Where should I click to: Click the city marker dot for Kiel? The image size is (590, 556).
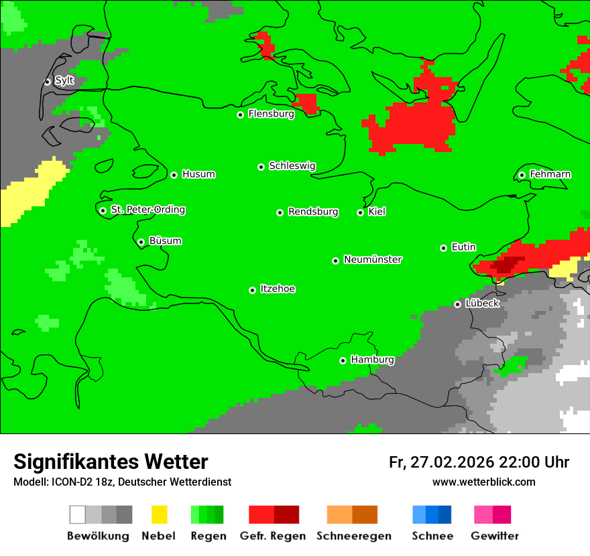(360, 212)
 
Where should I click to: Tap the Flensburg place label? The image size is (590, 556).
(271, 114)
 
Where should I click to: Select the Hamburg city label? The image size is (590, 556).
(372, 360)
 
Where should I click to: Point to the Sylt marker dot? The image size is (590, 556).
(48, 82)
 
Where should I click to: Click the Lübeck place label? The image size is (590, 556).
(482, 303)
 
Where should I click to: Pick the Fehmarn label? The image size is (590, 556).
(550, 174)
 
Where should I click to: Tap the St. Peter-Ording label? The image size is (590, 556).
(147, 210)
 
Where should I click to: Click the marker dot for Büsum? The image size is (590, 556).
(141, 242)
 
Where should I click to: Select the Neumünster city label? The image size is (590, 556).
(373, 259)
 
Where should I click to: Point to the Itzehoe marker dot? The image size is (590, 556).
(252, 290)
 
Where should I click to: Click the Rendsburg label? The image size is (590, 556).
(313, 212)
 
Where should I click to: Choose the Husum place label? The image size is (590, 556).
(198, 174)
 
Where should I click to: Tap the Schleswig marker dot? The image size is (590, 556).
(261, 167)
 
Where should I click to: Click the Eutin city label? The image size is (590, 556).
(463, 247)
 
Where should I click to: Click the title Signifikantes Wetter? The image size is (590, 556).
(111, 462)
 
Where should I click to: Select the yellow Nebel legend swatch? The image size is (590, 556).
(159, 514)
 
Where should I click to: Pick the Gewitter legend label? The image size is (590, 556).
(495, 536)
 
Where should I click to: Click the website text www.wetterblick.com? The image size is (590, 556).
(483, 482)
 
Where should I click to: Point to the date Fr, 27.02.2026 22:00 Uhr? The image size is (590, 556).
(479, 462)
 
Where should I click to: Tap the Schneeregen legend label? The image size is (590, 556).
(353, 536)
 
